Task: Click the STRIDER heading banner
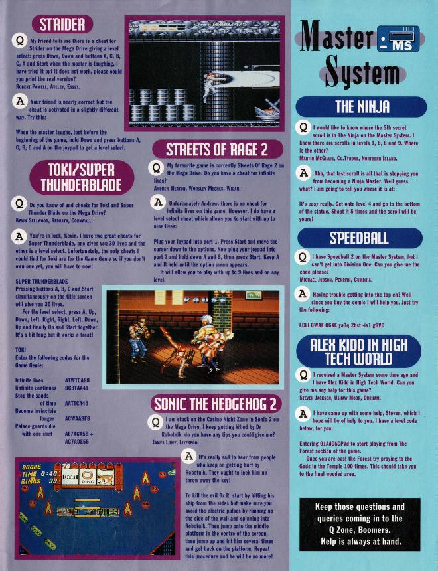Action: coord(62,25)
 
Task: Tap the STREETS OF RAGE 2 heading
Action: coord(218,149)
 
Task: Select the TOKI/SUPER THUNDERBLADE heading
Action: coord(82,177)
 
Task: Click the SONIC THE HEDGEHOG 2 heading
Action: coord(216,404)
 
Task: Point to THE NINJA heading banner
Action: coord(361,107)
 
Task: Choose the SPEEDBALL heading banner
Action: coord(360,238)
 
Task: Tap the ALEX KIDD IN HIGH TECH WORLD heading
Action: coord(358,351)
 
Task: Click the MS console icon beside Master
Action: coord(398,39)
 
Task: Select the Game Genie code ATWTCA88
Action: coord(77,380)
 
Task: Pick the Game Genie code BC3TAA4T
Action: coord(77,388)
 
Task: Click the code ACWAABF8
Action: coord(77,419)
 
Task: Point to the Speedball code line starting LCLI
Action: coord(342,325)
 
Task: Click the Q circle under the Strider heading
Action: coord(20,40)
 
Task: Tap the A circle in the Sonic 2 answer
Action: coord(188,456)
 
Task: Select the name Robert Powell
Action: coord(29,87)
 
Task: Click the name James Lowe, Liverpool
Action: coord(177,442)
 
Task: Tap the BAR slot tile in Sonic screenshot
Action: coord(69,476)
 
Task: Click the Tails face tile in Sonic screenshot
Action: coord(106,476)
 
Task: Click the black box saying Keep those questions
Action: coord(360,524)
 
